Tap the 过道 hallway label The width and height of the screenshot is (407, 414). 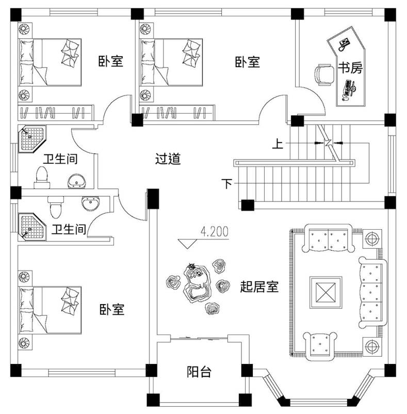coord(168,159)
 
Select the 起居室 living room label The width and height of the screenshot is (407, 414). coord(259,287)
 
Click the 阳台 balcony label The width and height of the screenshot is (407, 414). coord(199,372)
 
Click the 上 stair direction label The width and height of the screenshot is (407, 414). coord(278,144)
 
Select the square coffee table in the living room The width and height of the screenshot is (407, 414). coord(325,292)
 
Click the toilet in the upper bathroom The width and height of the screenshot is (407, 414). coord(41,177)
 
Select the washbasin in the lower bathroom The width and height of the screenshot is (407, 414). coord(90,204)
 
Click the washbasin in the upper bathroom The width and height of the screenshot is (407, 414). coord(77,181)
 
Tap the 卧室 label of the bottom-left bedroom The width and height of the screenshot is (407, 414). coord(111,310)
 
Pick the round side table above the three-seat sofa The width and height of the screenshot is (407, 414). coord(372,238)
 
